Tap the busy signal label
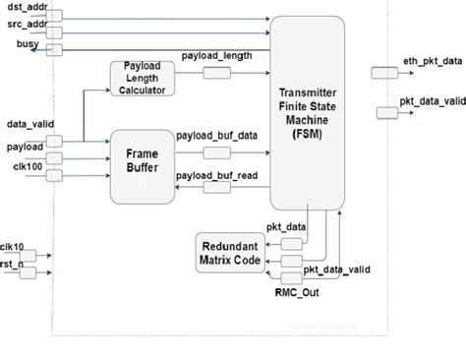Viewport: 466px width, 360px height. coord(28,45)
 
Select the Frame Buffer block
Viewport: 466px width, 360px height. coord(144,165)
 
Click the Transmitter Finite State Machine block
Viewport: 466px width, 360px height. coord(308,111)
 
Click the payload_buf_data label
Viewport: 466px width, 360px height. coord(216,136)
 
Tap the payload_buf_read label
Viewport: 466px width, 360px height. coord(216,176)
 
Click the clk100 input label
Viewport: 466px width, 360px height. coord(27,164)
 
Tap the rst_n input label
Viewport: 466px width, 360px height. coord(12,266)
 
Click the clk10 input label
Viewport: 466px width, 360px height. coord(12,246)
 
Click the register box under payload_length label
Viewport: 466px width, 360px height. coord(216,74)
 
